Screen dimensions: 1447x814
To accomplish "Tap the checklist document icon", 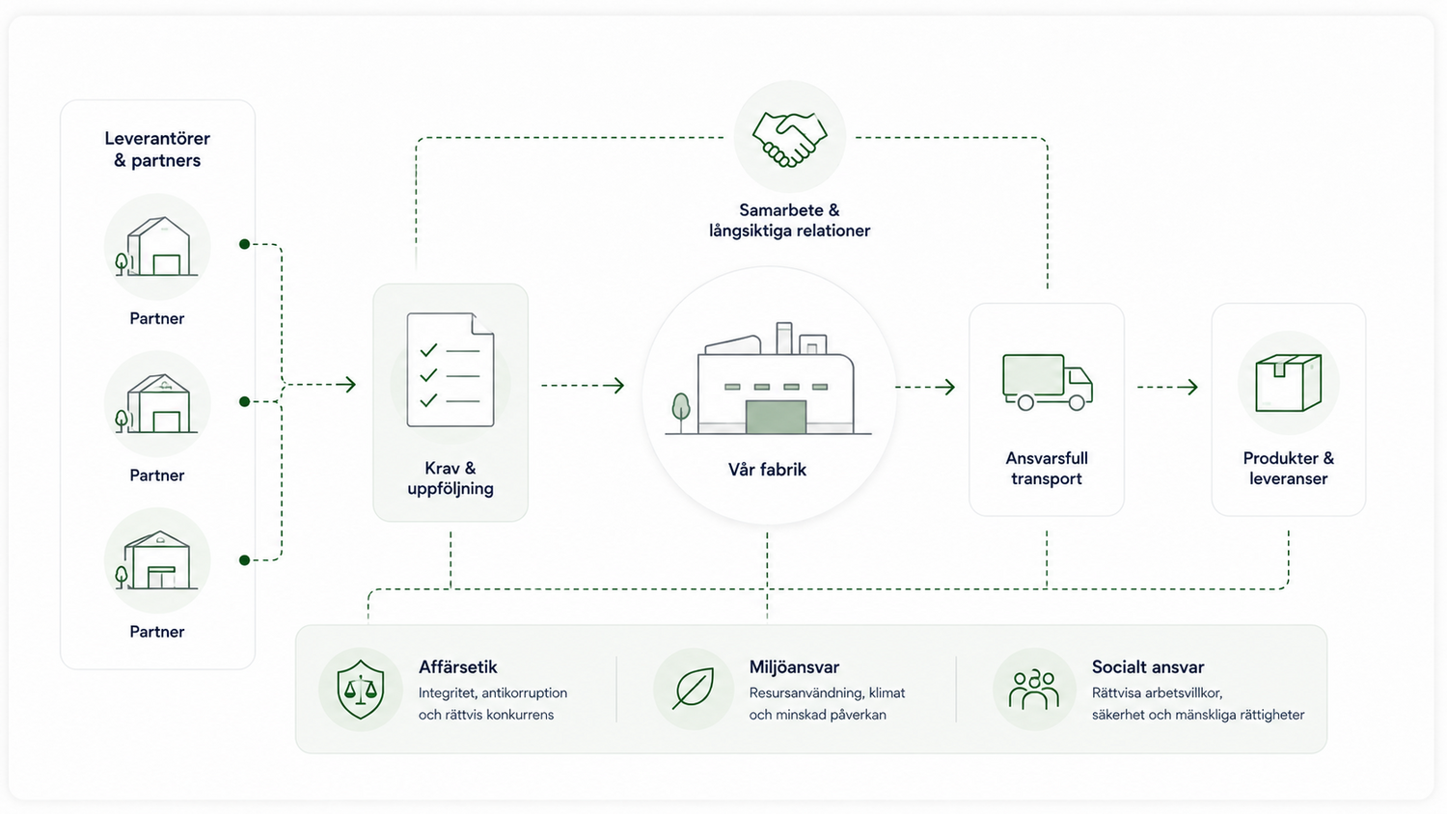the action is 450,369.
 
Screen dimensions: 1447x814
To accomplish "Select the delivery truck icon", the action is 1047,382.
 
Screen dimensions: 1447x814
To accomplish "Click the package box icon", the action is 1288,383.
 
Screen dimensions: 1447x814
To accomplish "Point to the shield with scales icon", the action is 361,690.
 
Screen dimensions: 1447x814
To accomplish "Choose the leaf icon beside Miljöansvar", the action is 694,689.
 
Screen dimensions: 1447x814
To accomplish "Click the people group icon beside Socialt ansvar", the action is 1033,691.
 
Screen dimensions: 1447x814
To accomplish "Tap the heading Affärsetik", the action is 458,666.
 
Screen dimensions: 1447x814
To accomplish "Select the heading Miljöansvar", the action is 794,666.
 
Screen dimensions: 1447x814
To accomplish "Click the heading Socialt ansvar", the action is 1148,666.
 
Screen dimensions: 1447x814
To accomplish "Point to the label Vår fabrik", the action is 767,470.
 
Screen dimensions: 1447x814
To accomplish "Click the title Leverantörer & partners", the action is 157,149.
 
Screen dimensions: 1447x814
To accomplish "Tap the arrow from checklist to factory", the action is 583,386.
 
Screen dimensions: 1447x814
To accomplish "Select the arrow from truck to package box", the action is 1168,387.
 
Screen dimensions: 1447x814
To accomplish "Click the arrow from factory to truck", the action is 925,387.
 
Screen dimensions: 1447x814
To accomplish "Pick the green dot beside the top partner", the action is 244,244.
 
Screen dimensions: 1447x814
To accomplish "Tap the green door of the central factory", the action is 776,417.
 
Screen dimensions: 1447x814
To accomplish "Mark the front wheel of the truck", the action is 1077,402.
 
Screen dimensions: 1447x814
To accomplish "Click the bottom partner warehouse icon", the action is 157,560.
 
